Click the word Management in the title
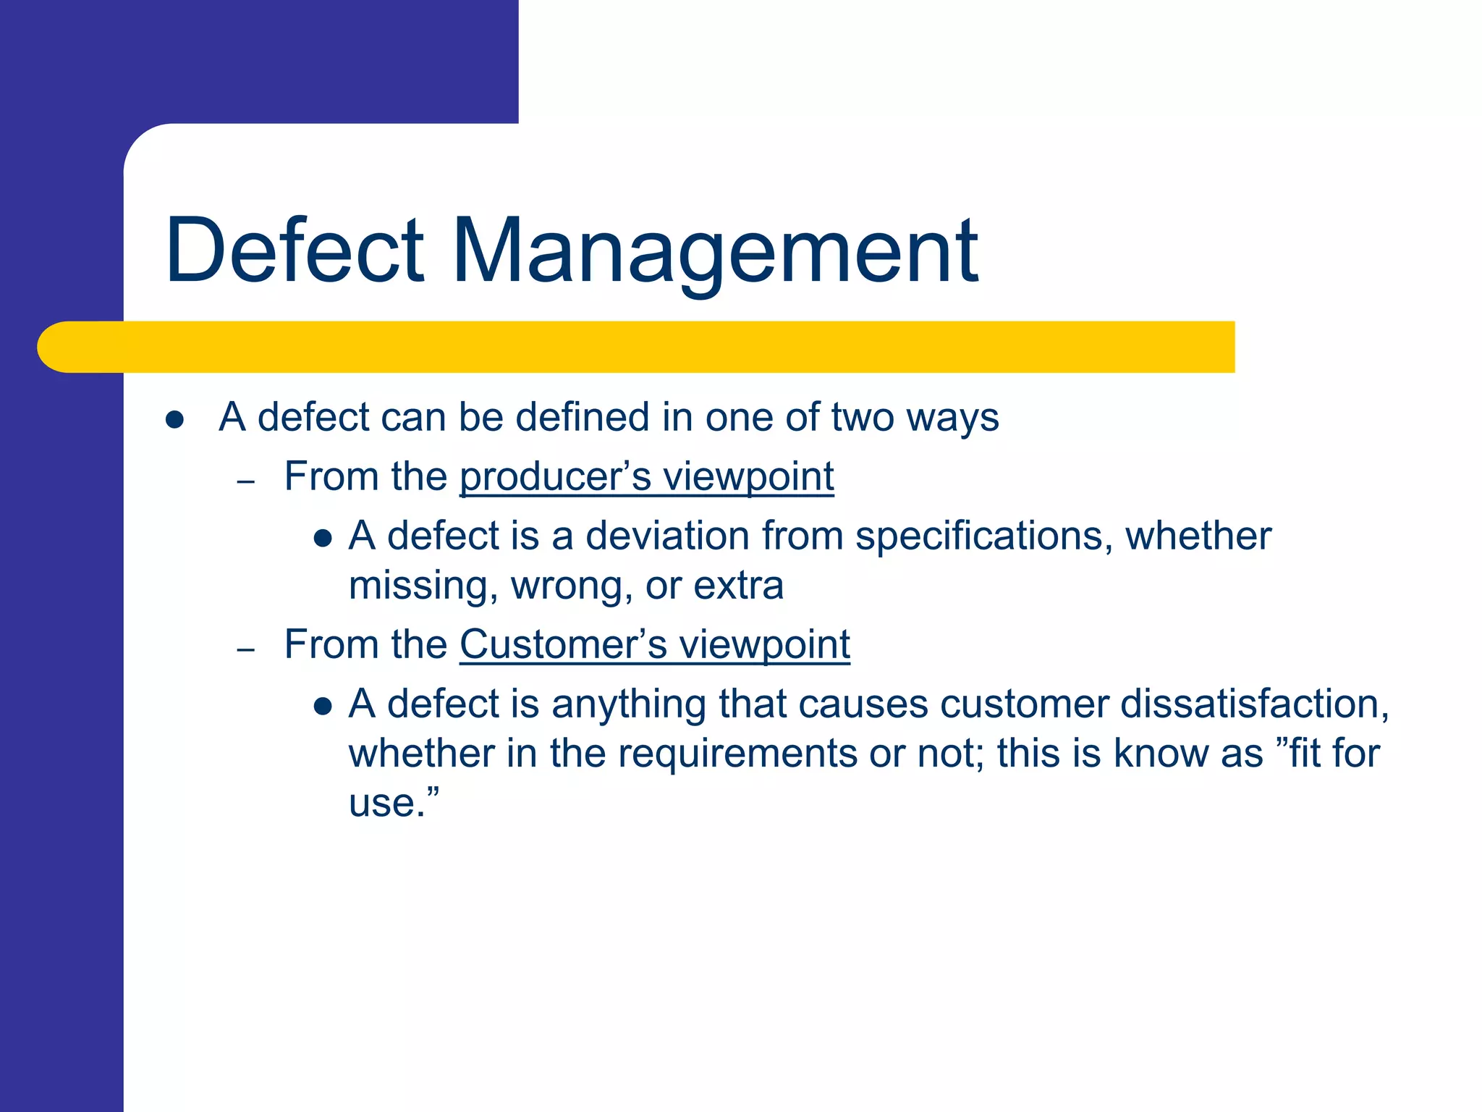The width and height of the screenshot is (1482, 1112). tap(714, 251)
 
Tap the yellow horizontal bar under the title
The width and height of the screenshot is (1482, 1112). tap(651, 347)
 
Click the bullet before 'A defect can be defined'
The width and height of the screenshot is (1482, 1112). tap(174, 420)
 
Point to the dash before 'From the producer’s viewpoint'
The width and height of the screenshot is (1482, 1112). tap(246, 481)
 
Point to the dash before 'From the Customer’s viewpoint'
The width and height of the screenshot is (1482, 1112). tap(246, 649)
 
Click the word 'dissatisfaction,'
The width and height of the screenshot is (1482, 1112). tap(1255, 704)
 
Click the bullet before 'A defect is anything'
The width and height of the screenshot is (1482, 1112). tap(323, 707)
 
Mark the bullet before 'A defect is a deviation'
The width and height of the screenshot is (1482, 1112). tap(323, 539)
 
